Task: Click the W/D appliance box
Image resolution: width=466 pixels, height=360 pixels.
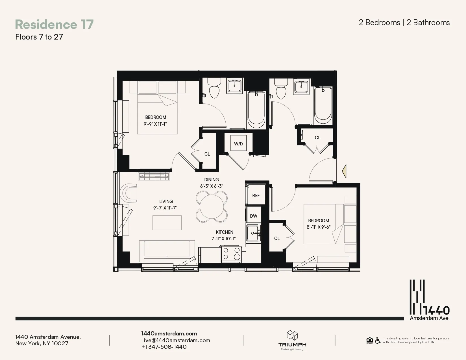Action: coord(238,143)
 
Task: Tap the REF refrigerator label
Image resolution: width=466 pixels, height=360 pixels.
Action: coord(256,195)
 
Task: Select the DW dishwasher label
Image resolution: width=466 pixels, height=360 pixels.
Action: coord(254,216)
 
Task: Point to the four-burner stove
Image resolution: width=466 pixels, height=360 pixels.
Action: coord(231,254)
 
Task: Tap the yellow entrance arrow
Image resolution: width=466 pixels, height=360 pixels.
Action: coord(344,171)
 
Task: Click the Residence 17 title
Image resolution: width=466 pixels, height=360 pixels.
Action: coord(54,24)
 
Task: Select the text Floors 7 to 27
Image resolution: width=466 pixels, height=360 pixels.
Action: coord(39,37)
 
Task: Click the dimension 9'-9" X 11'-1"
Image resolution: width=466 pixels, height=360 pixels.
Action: coord(155,124)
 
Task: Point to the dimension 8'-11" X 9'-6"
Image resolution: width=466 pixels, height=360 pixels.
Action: coord(318,227)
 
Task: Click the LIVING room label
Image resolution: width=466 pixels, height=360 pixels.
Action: coord(166,201)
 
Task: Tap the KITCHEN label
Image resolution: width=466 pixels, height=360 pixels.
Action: coord(225,232)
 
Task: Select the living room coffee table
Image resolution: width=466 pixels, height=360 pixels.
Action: coord(167,222)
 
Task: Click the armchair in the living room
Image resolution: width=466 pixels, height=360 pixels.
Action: coord(129,193)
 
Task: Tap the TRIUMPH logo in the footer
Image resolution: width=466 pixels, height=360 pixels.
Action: coord(292,340)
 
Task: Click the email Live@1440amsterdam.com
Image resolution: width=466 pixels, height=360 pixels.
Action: coord(176,340)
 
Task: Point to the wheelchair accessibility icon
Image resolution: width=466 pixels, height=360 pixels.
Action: coord(378,341)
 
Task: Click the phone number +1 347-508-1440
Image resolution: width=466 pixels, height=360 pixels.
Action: coord(164,347)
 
